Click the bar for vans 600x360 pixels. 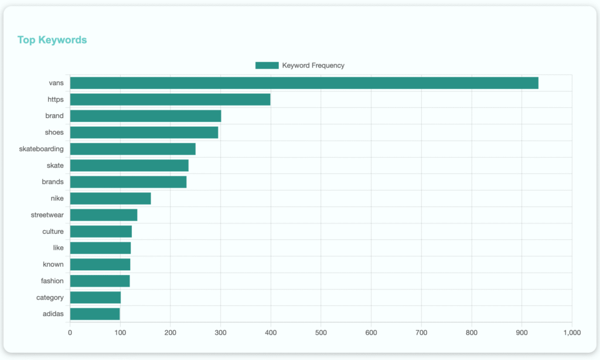[304, 83]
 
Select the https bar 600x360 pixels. [170, 100]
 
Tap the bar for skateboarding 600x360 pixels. [132, 149]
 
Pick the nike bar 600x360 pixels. [110, 199]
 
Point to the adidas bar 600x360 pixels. [94, 314]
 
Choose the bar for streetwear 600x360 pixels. [103, 215]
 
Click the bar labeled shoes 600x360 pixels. [144, 133]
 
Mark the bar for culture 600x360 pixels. [101, 232]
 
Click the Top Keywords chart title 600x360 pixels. [52, 40]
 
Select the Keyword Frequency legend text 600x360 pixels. [313, 66]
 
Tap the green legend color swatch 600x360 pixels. [267, 66]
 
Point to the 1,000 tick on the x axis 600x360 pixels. [571, 332]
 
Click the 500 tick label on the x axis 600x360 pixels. [321, 332]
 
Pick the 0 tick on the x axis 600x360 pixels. [70, 332]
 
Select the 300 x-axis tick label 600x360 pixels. [220, 332]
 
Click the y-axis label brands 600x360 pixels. [53, 182]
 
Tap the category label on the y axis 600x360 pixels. [50, 298]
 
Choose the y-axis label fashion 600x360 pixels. [52, 281]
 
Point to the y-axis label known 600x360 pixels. [53, 264]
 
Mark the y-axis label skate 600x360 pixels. [55, 165]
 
